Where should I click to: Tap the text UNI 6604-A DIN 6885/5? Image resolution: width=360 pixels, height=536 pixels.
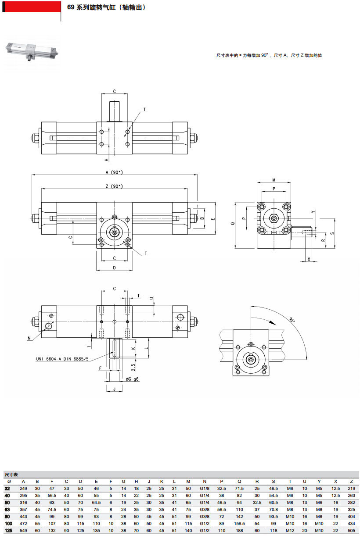[x=62, y=359]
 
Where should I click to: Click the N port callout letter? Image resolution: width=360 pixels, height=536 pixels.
[x=29, y=338]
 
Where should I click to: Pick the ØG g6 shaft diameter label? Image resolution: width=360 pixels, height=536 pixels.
[x=132, y=379]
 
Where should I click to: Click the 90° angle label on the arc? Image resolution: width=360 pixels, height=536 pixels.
[x=292, y=319]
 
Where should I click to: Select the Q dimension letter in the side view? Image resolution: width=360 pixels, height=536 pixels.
[x=232, y=223]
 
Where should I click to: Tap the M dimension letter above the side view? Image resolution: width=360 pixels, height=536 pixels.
[x=274, y=180]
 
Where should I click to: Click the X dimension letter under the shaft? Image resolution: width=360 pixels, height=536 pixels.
[x=309, y=259]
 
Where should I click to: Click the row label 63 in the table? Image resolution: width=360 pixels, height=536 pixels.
[x=7, y=510]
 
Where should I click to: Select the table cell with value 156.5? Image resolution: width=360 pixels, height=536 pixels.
[x=239, y=524]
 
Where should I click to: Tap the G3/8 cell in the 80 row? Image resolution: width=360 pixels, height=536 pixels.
[x=204, y=517]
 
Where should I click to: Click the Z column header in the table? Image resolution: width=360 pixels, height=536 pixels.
[x=351, y=481]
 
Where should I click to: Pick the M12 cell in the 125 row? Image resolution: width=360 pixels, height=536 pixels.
[x=290, y=531]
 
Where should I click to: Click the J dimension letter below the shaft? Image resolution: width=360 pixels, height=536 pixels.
[x=114, y=389]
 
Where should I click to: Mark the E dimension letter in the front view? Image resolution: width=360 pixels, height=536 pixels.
[x=212, y=218]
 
